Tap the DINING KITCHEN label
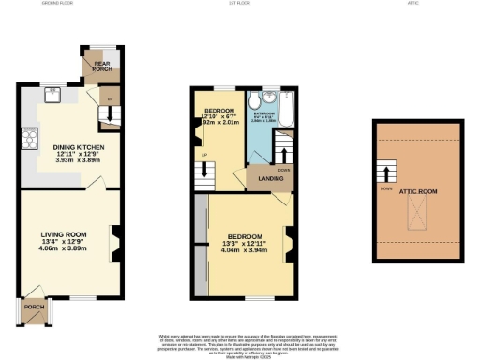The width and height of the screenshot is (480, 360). coord(78,147)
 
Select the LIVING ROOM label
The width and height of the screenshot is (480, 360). coord(63,233)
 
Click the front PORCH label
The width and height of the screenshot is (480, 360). coord(34,307)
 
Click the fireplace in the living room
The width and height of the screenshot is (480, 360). coord(115,242)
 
